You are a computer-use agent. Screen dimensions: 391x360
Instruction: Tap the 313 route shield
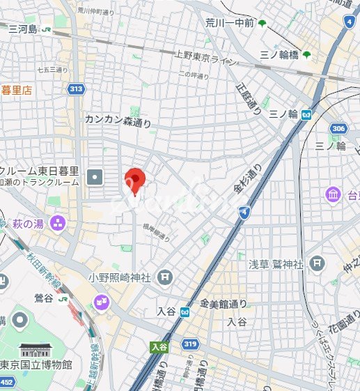(x=76, y=89)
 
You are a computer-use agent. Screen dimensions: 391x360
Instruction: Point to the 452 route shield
(x=6, y=382)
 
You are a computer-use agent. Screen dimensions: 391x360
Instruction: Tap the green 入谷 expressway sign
(x=159, y=346)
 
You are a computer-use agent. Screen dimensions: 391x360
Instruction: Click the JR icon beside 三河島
(x=47, y=29)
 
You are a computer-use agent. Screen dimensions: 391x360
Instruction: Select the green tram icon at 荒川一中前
(x=262, y=24)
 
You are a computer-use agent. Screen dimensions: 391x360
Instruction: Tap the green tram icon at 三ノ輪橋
(x=306, y=55)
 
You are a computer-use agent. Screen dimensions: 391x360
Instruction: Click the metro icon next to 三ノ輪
(x=306, y=115)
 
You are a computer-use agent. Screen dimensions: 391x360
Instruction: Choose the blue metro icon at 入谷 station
(x=185, y=312)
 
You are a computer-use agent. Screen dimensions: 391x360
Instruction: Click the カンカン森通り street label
(x=118, y=121)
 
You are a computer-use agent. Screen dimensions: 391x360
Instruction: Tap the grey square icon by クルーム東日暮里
(x=95, y=178)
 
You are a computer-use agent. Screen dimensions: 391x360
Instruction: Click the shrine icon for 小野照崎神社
(x=164, y=277)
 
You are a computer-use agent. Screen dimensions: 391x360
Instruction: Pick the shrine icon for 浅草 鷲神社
(x=318, y=263)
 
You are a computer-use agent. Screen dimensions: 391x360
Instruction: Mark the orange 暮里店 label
(x=17, y=90)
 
